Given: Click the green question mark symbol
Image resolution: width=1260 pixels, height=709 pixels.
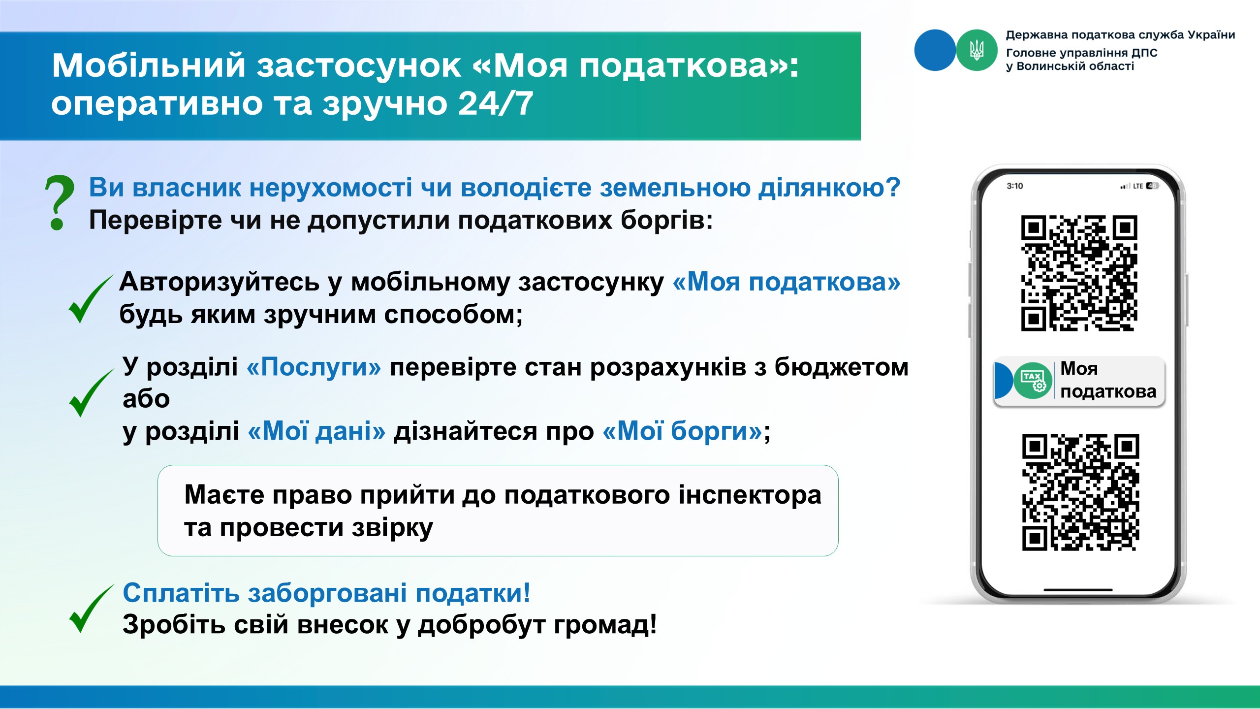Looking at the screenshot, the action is [x=59, y=203].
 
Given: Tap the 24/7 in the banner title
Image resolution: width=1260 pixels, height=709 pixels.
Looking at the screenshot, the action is [x=496, y=103].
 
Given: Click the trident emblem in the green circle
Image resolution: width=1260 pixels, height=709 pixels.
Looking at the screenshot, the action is [x=976, y=50].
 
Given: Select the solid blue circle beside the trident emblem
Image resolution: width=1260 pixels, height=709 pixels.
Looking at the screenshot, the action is [x=935, y=50].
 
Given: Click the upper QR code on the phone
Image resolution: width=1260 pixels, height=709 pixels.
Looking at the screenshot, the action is [x=1079, y=273].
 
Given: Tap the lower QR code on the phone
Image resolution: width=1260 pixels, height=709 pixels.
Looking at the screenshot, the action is [x=1080, y=492].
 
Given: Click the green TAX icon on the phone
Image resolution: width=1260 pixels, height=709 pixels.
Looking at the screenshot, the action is [x=1033, y=381].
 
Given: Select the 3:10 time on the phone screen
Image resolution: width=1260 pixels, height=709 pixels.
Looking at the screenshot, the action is [x=1015, y=186].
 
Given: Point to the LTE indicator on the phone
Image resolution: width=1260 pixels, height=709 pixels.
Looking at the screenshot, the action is [x=1138, y=186].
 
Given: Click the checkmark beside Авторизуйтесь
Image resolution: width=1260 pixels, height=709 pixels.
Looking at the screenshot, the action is [x=91, y=299].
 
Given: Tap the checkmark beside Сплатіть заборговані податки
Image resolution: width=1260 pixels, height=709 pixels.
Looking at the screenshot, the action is [x=91, y=609].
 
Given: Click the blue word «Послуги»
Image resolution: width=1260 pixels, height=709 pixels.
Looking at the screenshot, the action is [x=314, y=367].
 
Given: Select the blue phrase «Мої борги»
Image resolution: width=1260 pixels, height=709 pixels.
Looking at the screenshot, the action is [x=683, y=431].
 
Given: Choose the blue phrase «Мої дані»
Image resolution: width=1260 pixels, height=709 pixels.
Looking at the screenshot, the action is [x=316, y=431].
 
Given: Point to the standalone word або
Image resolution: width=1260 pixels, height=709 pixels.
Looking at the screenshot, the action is [x=146, y=399].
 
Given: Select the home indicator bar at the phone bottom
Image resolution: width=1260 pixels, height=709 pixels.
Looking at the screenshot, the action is [x=1078, y=589].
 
